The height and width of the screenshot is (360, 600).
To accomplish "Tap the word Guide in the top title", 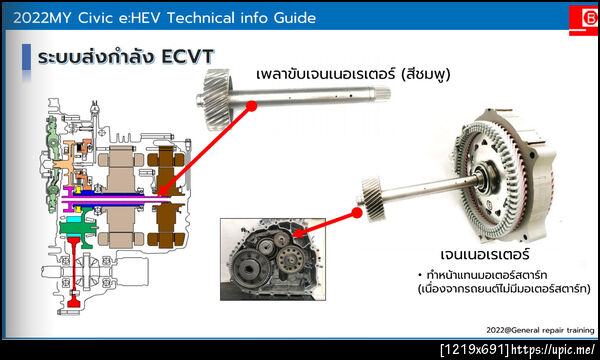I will tap(290, 19).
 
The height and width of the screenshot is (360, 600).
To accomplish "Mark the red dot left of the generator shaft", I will tap(356, 212).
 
